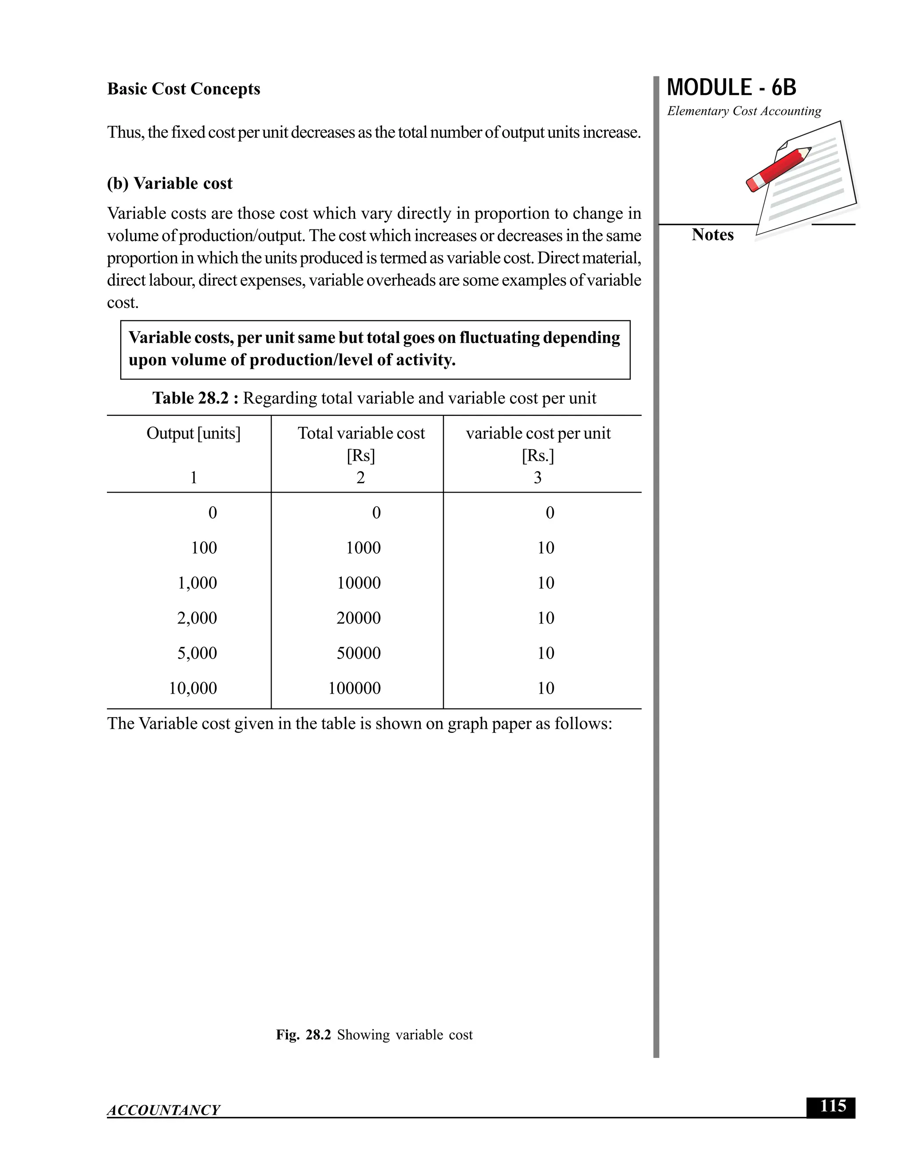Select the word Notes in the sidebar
click(712, 235)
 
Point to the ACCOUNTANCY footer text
click(163, 1110)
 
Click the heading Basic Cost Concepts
click(183, 89)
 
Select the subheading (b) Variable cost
click(170, 184)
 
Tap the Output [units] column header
click(194, 433)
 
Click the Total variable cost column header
click(361, 433)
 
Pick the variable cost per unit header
click(537, 433)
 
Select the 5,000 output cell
click(197, 653)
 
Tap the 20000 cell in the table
click(358, 618)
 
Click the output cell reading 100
click(204, 548)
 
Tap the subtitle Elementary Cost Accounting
click(744, 111)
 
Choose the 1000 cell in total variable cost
click(363, 548)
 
